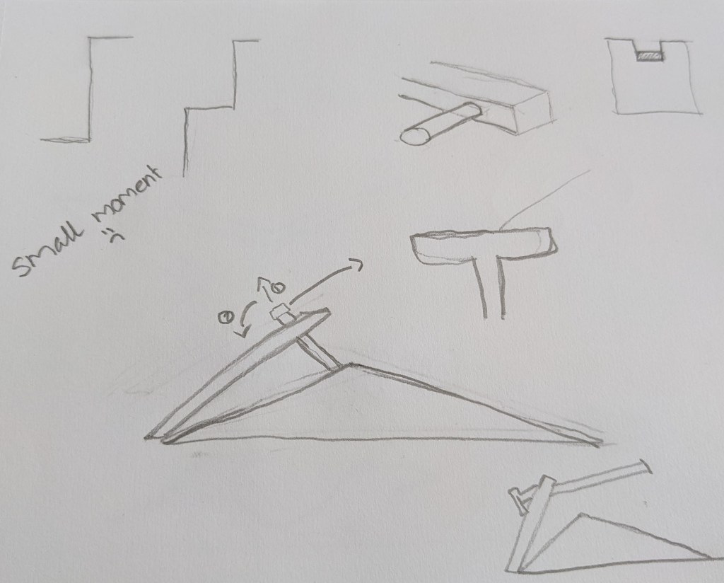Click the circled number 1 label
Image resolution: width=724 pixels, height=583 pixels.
coord(226,318)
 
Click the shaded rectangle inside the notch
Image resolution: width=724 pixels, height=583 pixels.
coord(650,56)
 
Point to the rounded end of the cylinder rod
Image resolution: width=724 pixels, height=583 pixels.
coord(416,136)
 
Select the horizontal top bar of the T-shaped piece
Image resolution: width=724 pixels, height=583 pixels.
coord(484,243)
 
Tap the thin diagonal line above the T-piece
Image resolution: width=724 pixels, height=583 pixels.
coord(545,199)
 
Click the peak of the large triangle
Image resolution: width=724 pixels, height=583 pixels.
coord(352,364)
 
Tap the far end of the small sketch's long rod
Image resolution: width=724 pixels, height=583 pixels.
coord(646,466)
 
